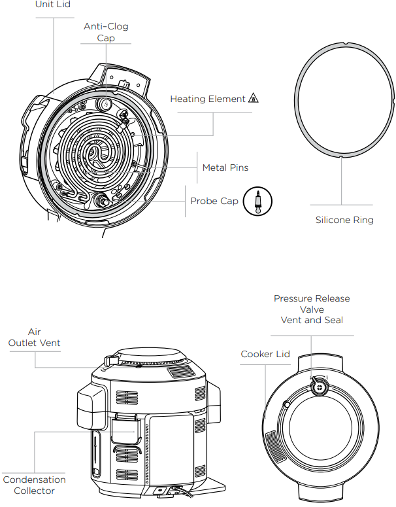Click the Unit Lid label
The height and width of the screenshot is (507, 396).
point(53,4)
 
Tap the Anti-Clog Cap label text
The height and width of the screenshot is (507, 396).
point(106,32)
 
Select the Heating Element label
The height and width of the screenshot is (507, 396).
point(208,99)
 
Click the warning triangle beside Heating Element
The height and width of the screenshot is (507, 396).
point(254,98)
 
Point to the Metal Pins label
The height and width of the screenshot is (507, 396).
point(225,167)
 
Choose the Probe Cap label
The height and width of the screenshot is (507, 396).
point(214,201)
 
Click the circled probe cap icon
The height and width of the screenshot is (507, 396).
point(257,201)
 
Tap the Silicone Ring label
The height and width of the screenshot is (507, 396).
point(344,220)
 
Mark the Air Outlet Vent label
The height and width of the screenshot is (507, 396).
point(34,338)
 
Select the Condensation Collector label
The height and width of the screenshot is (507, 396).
point(34,485)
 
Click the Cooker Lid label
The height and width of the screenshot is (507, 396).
point(265,354)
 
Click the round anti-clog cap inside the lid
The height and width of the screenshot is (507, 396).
point(106,104)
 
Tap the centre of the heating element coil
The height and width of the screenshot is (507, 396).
point(96,153)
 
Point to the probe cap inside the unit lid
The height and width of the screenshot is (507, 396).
point(103,201)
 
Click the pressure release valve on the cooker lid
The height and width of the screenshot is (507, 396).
point(320,387)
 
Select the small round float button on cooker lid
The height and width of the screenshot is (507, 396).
point(286,404)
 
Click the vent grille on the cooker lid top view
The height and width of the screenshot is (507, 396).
point(275,447)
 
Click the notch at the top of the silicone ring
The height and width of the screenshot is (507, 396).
point(345,43)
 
